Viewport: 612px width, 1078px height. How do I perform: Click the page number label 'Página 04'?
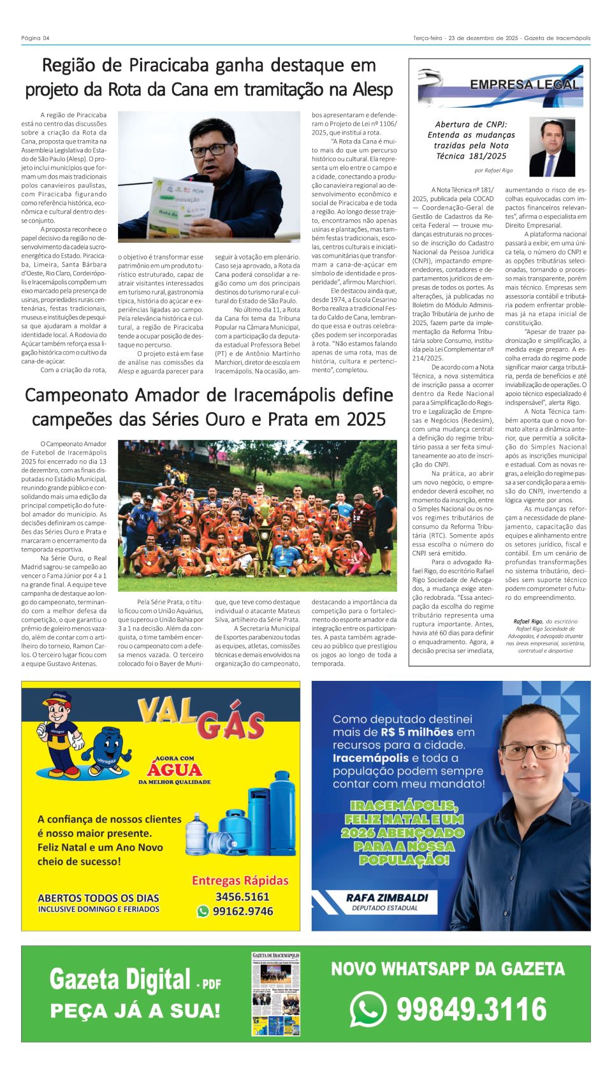coord(35,38)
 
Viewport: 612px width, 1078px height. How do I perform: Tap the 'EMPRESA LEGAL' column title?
coord(524,85)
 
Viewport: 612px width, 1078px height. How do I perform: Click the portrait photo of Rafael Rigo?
coord(551,147)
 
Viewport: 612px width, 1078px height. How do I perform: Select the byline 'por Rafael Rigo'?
coord(493,171)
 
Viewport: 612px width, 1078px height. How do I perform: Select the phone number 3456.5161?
coord(242,896)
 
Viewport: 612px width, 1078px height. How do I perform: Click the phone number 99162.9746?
coord(243,912)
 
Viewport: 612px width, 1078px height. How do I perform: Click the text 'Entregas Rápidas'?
coord(240,880)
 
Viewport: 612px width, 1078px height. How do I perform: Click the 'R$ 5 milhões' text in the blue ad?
coord(418,732)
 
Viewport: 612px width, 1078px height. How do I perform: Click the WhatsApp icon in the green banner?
coord(368,1010)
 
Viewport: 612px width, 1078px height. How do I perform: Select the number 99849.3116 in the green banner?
coord(472,1010)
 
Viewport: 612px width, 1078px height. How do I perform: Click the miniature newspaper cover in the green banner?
coord(275,994)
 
